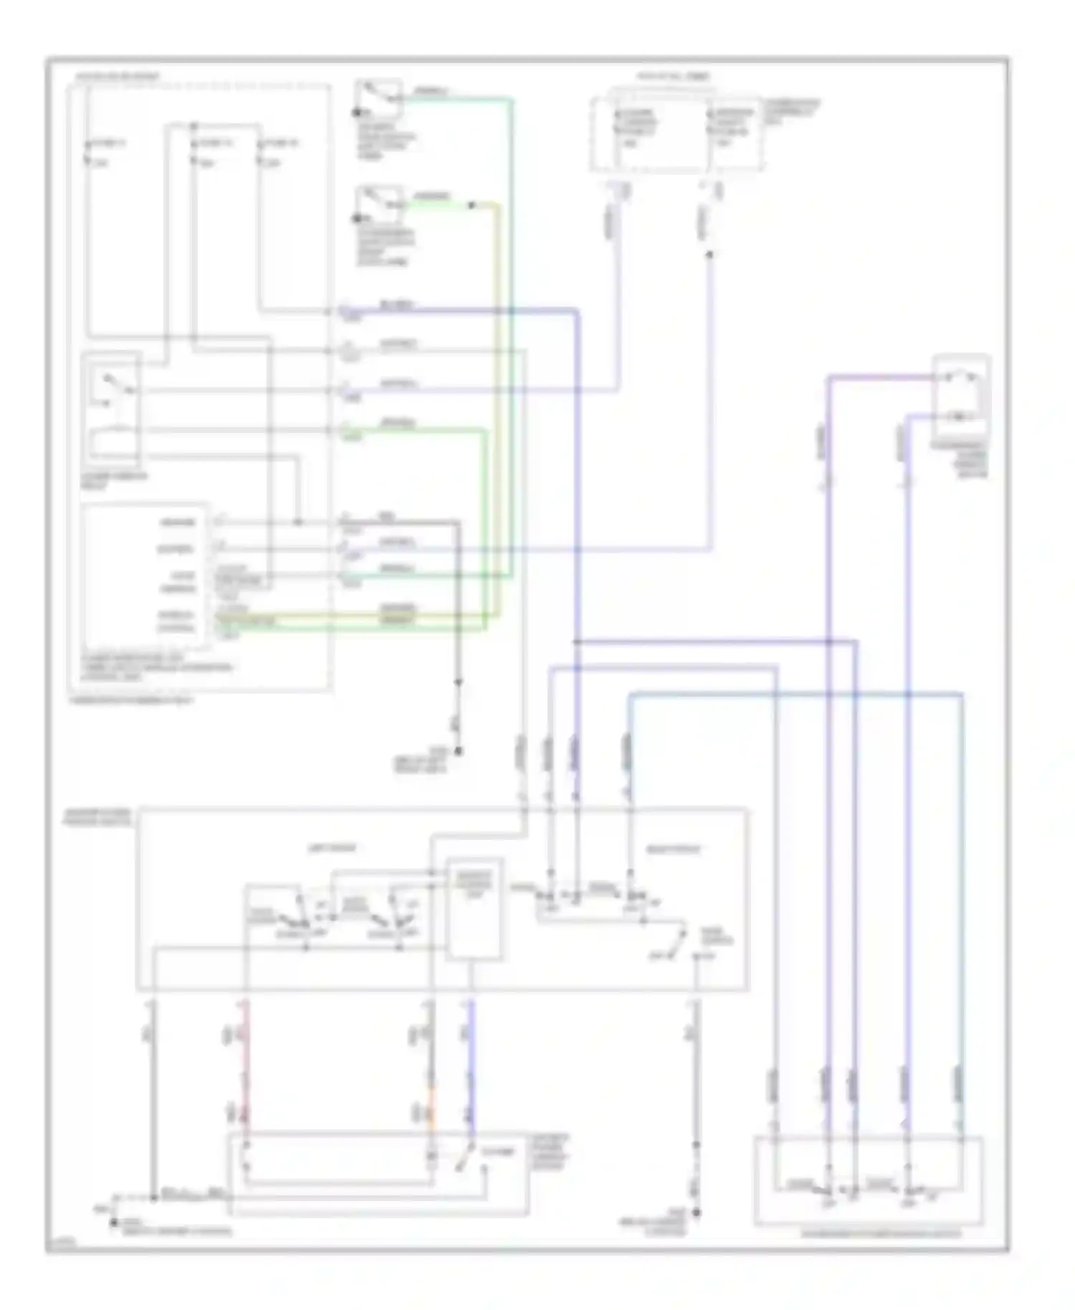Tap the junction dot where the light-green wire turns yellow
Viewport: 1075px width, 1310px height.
click(x=471, y=206)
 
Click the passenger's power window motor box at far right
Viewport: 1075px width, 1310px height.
click(x=962, y=396)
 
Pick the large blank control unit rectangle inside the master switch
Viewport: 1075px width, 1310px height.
click(x=474, y=909)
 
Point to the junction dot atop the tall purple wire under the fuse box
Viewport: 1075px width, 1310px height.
click(x=709, y=254)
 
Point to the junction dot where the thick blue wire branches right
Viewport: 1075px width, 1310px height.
click(x=577, y=642)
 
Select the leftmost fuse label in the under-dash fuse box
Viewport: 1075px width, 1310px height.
click(x=105, y=143)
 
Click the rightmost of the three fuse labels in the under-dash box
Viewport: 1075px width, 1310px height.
click(x=280, y=143)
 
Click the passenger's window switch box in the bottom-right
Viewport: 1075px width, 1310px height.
click(x=868, y=1180)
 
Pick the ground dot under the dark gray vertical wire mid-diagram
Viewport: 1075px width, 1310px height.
click(x=459, y=751)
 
